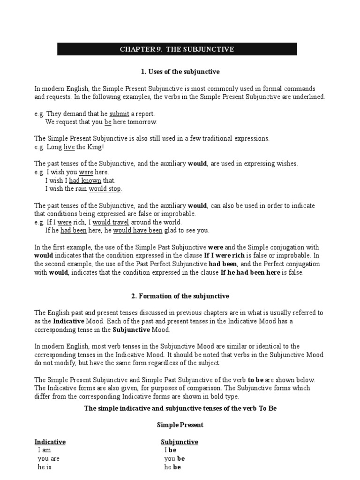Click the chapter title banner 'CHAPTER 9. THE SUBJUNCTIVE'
point(177,49)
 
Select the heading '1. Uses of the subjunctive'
point(180,72)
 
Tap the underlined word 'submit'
point(119,114)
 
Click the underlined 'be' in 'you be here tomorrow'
point(108,122)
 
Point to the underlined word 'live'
point(69,147)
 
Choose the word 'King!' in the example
point(96,147)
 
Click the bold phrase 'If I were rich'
point(225,255)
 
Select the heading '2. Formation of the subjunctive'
point(180,296)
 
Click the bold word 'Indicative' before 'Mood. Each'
point(68,322)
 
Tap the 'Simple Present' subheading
point(180,425)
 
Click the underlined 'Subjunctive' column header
point(180,442)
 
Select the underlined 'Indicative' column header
point(50,442)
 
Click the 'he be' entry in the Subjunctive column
point(172,467)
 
